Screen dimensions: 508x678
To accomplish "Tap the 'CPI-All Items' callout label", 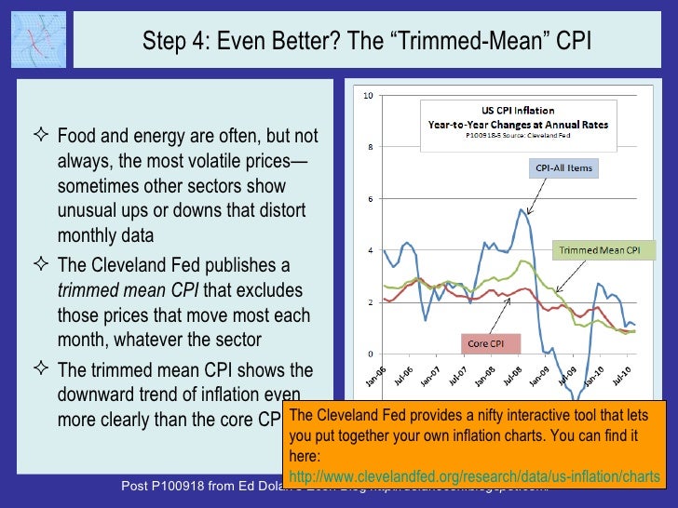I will coord(563,168).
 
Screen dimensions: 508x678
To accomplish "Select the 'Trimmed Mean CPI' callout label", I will coord(598,250).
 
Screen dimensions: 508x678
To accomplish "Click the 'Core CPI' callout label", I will coord(485,343).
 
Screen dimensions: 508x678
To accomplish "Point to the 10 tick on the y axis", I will coord(368,96).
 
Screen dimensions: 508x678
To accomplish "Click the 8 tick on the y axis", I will coord(370,147).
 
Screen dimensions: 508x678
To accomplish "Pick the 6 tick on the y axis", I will coord(370,199).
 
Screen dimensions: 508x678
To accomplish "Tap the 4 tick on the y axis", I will coord(370,251).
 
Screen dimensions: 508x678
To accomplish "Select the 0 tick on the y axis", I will coord(370,354).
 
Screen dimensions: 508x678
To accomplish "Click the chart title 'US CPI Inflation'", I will coord(507,109).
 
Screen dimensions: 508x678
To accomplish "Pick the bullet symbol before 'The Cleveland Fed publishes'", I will coord(44,264).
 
